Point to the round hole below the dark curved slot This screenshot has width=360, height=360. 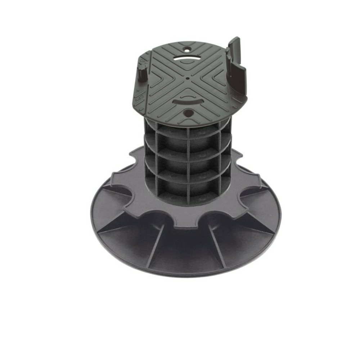point(188,113)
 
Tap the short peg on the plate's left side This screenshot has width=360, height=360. point(141,74)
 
